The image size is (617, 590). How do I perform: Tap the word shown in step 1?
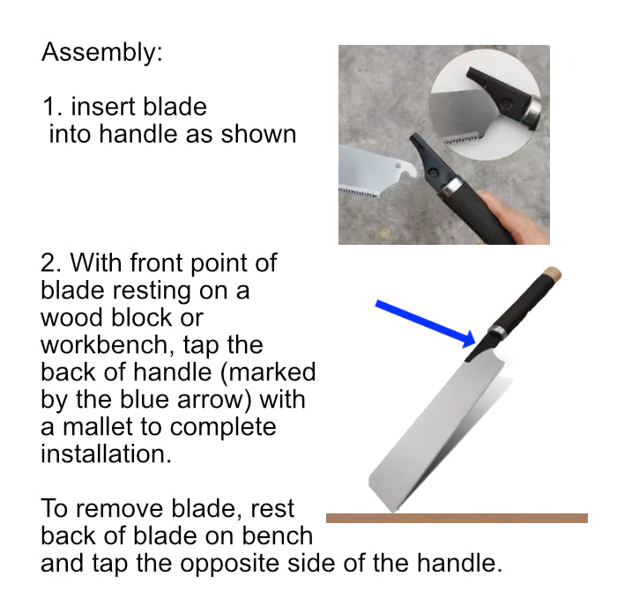pos(258,134)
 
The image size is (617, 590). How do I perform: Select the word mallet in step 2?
pos(98,427)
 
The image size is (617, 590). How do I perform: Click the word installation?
pos(106,454)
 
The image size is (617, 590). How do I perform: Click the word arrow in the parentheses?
pos(214,400)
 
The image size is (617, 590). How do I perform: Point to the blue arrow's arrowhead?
pos(469,339)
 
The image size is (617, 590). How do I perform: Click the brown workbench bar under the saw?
pos(457,518)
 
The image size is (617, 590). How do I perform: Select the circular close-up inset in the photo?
pos(485,105)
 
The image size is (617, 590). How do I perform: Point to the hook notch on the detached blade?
pos(408,172)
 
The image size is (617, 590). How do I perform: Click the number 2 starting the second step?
pos(49,263)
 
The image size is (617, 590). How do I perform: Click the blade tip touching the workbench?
pos(392,511)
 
